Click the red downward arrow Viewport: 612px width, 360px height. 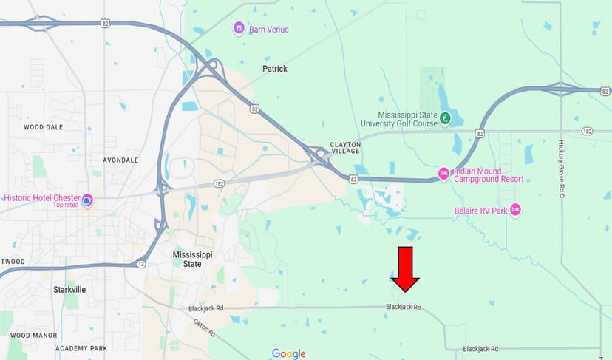pyautogui.click(x=405, y=270)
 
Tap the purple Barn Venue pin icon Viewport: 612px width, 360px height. pyautogui.click(x=239, y=29)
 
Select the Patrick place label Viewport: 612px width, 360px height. pyautogui.click(x=275, y=69)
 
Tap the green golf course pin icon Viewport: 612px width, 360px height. pyautogui.click(x=445, y=118)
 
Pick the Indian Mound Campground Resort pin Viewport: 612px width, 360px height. pyautogui.click(x=443, y=174)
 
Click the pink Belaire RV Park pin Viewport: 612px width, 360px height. pyautogui.click(x=515, y=210)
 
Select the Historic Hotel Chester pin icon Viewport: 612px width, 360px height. pyautogui.click(x=87, y=200)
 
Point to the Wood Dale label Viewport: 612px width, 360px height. pyautogui.click(x=43, y=127)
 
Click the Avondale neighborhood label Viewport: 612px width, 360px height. pyautogui.click(x=120, y=160)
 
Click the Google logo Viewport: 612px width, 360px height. pyautogui.click(x=288, y=353)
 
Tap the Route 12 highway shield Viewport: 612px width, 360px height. pyautogui.click(x=141, y=263)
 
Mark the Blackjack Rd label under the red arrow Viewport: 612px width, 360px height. pyautogui.click(x=403, y=307)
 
